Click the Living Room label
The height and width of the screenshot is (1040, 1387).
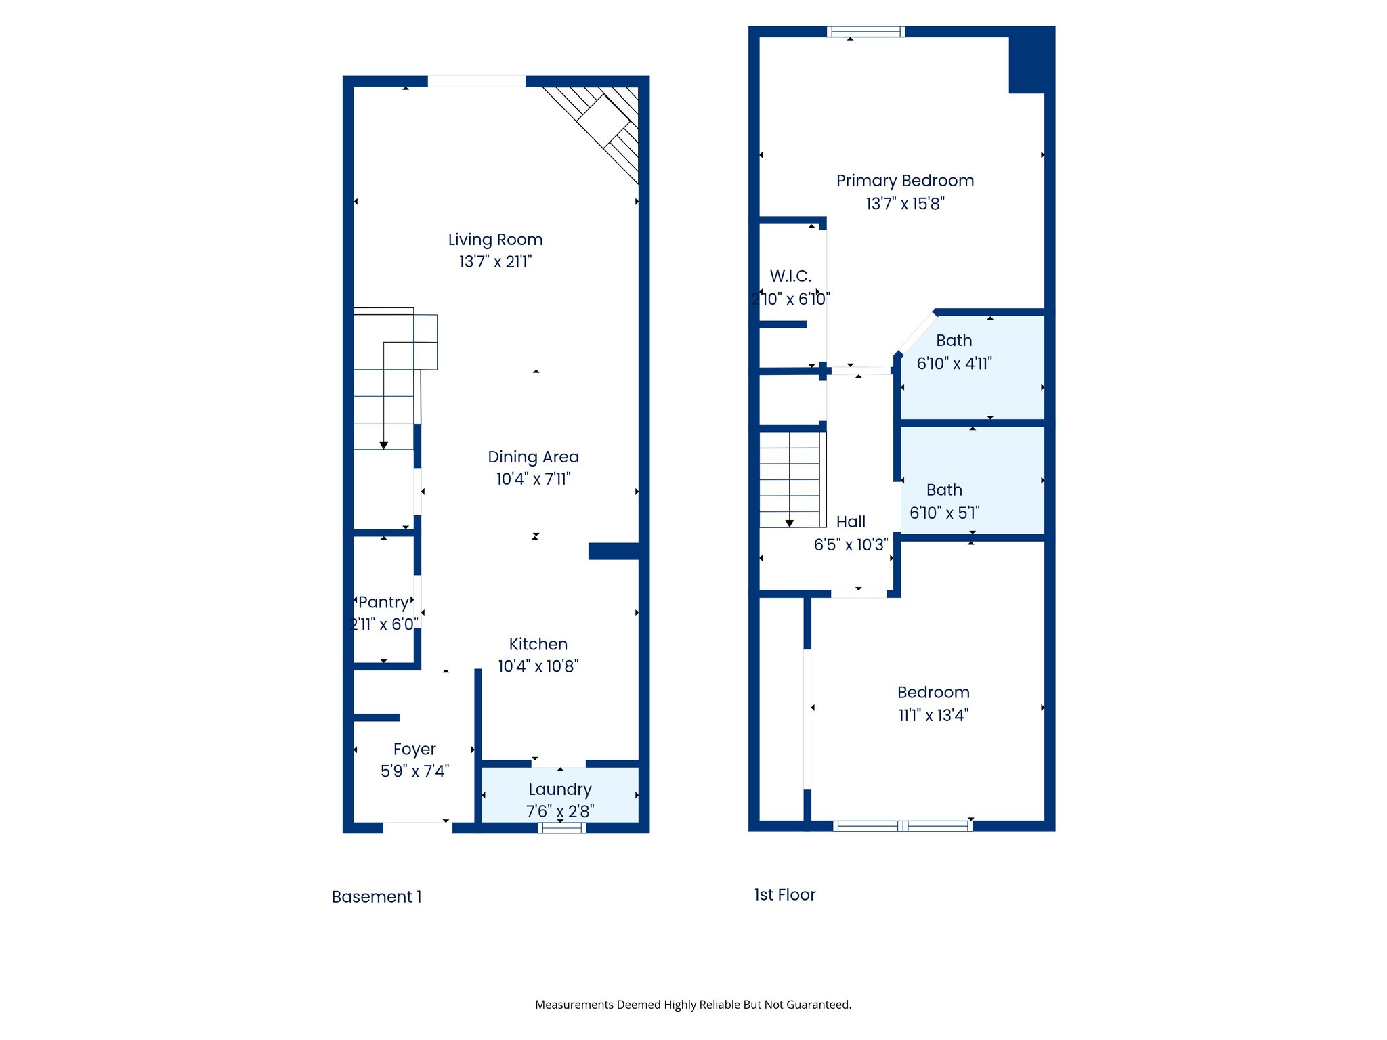pyautogui.click(x=495, y=240)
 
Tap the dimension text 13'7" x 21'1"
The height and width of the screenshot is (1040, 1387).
pyautogui.click(x=495, y=262)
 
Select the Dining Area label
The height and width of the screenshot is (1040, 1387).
pyautogui.click(x=533, y=457)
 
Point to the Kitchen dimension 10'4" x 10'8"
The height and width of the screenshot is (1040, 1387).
pyautogui.click(x=538, y=666)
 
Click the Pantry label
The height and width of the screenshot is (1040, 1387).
pyautogui.click(x=383, y=602)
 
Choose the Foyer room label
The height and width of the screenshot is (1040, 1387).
pyautogui.click(x=414, y=750)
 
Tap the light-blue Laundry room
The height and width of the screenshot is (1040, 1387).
pyautogui.click(x=560, y=795)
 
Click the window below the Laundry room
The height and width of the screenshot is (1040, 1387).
pyautogui.click(x=561, y=828)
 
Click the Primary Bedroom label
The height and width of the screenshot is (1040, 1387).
pyautogui.click(x=905, y=181)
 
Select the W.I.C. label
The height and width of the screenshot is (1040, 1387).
pyautogui.click(x=790, y=276)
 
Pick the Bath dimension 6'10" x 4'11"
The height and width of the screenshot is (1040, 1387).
pyautogui.click(x=954, y=364)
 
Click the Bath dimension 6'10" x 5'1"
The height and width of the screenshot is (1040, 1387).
pyautogui.click(x=944, y=513)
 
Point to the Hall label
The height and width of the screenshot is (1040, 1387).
pyautogui.click(x=851, y=522)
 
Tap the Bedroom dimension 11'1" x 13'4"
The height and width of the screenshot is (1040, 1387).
pyautogui.click(x=933, y=716)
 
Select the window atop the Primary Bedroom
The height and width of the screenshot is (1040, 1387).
pyautogui.click(x=866, y=31)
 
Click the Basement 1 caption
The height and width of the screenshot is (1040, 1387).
pyautogui.click(x=377, y=897)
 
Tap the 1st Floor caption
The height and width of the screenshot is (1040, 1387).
pyautogui.click(x=785, y=895)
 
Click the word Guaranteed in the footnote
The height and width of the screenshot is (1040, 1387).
pyautogui.click(x=817, y=1005)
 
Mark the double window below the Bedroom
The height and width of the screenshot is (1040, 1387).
pyautogui.click(x=903, y=826)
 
